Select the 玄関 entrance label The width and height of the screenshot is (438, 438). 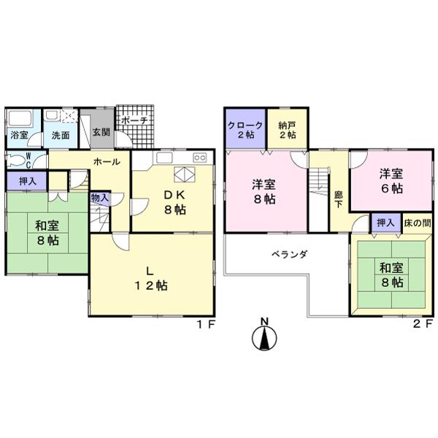click(101, 132)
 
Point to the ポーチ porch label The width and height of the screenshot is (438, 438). click(136, 120)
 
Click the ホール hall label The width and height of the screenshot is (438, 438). click(106, 162)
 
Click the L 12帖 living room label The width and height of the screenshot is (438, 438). click(151, 278)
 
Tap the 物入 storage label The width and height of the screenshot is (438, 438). click(99, 197)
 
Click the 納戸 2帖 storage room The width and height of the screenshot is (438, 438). click(286, 129)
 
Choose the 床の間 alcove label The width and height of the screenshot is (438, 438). click(417, 221)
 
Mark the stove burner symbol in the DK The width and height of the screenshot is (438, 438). click(199, 158)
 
